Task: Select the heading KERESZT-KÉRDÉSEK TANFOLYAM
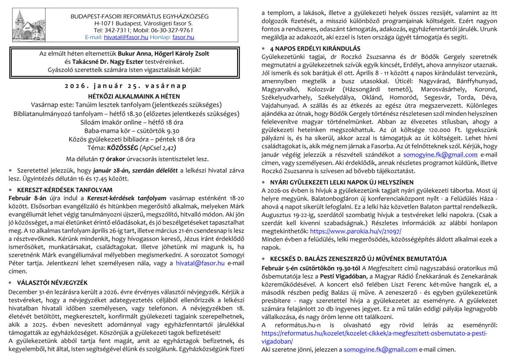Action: click(x=64, y=190)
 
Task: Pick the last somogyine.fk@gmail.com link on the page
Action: click(x=380, y=349)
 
